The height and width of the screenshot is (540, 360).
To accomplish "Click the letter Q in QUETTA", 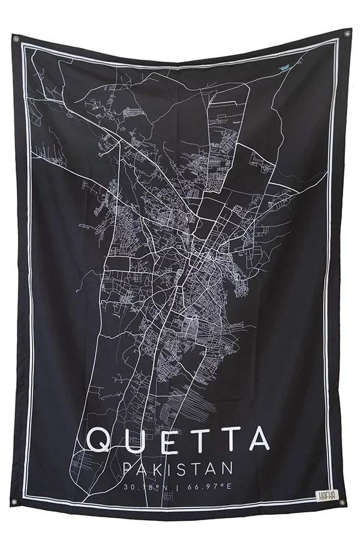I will point(99,440).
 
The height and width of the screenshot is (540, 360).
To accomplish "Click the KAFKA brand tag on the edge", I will point(327,496).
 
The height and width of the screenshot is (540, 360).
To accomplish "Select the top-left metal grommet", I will point(16,40).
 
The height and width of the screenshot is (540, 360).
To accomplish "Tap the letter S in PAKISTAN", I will point(184,467).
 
